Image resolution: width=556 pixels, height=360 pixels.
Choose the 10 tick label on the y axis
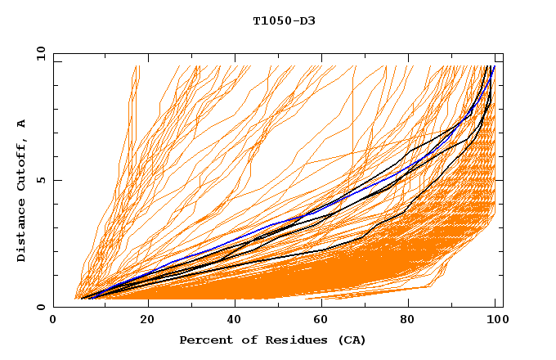(x=40, y=53)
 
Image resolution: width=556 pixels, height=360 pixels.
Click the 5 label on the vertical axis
(x=43, y=180)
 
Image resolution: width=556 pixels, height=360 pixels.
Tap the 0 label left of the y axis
(x=43, y=307)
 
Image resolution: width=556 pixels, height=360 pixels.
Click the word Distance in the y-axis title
(x=22, y=233)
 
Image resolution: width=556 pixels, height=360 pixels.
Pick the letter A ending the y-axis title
(x=22, y=123)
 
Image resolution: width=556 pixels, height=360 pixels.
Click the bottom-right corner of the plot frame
(x=503, y=307)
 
